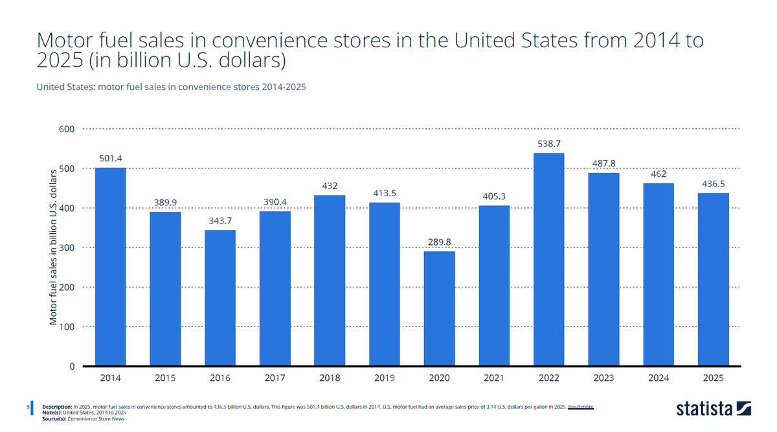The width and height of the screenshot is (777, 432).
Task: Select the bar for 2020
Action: coord(439,308)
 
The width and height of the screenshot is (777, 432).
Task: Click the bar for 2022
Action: coord(549,259)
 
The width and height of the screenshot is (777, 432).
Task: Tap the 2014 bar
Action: coord(110,266)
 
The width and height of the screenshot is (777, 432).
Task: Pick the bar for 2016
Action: coord(220,298)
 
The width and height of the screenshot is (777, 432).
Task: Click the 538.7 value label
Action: coord(549,144)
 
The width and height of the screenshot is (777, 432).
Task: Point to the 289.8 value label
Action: coord(439,242)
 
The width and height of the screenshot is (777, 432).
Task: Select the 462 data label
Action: coord(659,174)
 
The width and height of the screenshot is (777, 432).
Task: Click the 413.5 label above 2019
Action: coord(385,193)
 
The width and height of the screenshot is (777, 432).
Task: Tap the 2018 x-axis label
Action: coord(330,378)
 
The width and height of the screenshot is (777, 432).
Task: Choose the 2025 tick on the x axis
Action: coord(713,378)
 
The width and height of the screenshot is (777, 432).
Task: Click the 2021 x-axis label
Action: coord(494,378)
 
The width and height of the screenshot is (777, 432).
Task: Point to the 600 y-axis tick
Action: coord(67,129)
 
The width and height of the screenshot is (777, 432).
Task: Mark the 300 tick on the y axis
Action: coord(67,248)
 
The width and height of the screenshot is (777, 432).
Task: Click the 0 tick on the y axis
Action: coord(72,367)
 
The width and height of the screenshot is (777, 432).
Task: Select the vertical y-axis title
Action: coord(53,247)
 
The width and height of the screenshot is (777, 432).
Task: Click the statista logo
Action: coord(714,409)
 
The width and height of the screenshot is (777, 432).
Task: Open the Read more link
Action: coord(581,407)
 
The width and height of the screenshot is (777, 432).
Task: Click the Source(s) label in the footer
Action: coord(54,419)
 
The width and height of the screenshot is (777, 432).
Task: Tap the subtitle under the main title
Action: coord(171,87)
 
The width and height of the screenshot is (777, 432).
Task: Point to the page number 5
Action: coord(28,407)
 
